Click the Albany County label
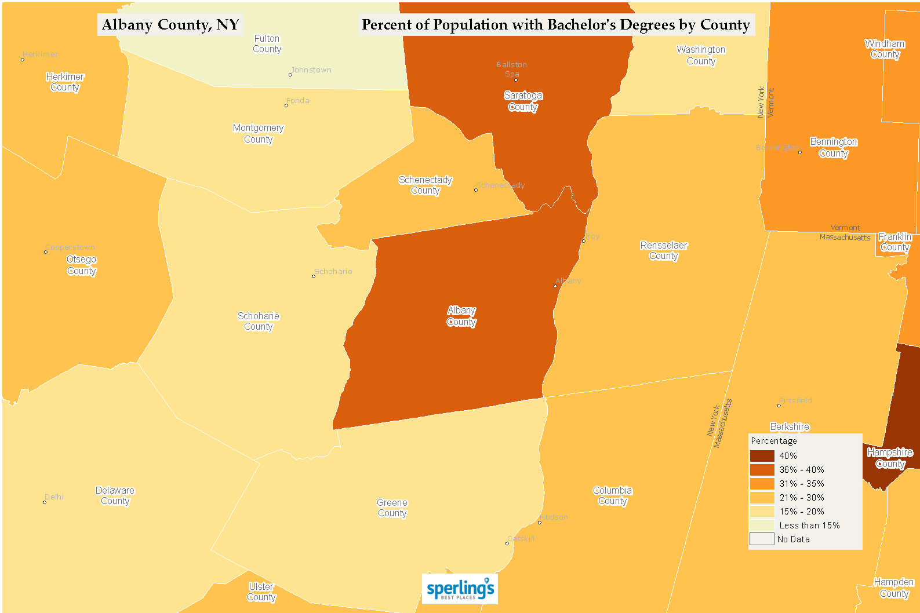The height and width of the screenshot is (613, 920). (x=461, y=316)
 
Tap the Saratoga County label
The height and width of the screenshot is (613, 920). (x=523, y=101)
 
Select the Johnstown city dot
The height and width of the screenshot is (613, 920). (x=290, y=75)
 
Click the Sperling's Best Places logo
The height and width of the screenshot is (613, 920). (x=460, y=589)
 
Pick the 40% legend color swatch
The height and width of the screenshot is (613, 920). (x=762, y=456)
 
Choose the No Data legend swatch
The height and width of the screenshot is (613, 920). (x=762, y=539)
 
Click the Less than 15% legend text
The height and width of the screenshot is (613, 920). (x=809, y=526)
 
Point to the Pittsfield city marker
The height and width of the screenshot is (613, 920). (x=779, y=406)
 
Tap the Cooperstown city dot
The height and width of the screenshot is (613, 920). (x=46, y=252)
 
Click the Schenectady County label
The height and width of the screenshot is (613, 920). (x=426, y=185)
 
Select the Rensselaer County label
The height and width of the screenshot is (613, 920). (x=664, y=250)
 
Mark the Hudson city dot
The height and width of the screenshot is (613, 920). (x=539, y=523)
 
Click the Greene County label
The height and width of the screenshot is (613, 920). (x=392, y=508)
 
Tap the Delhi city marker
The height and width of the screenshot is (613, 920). (x=45, y=502)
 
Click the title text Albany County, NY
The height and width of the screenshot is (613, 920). (x=170, y=25)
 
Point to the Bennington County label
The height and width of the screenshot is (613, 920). (x=834, y=147)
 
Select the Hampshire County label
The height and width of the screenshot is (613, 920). (x=890, y=458)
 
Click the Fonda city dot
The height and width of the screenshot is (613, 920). (x=286, y=105)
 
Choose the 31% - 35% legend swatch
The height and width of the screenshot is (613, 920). (x=762, y=484)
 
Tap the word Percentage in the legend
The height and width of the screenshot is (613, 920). (x=774, y=441)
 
